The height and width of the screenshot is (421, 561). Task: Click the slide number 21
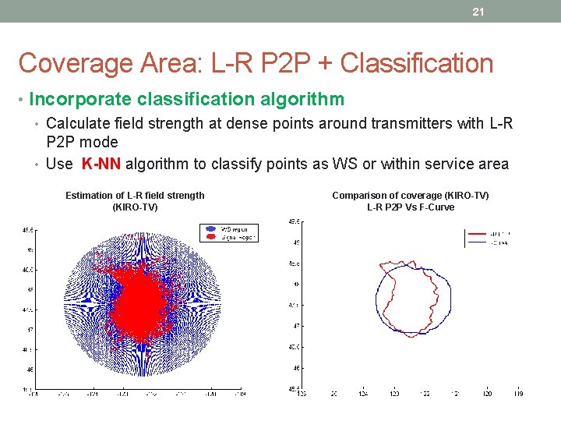click(x=479, y=12)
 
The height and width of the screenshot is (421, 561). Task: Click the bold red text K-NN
click(x=101, y=164)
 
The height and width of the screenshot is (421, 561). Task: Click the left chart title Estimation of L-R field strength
click(x=135, y=196)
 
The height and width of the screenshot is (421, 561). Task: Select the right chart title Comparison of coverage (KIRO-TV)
click(x=411, y=196)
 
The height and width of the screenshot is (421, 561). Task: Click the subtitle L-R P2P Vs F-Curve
click(x=411, y=207)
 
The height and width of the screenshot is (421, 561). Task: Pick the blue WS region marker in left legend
click(x=210, y=229)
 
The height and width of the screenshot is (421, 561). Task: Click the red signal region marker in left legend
click(x=210, y=236)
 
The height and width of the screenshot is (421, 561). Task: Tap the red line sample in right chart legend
click(x=476, y=233)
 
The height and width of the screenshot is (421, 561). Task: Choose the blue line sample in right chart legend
click(x=476, y=242)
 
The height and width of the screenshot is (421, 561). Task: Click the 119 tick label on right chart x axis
click(x=518, y=394)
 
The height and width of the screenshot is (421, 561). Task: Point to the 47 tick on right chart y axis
click(x=296, y=326)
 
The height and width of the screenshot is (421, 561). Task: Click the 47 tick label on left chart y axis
click(x=29, y=330)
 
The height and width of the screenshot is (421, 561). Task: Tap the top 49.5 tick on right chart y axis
click(x=295, y=221)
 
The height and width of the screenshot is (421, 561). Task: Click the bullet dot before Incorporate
click(x=21, y=100)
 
